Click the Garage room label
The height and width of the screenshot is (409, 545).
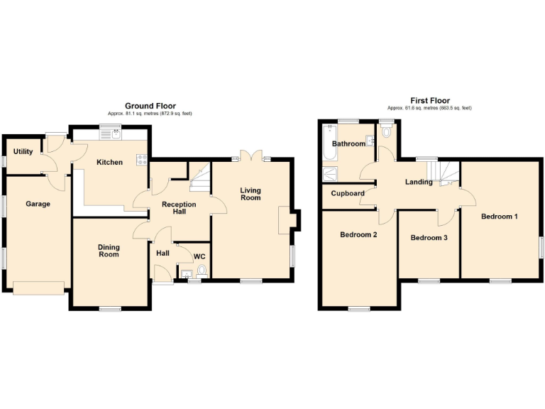tap(38, 204)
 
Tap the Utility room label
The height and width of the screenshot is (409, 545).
tap(23, 151)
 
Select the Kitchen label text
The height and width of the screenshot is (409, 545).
tap(110, 163)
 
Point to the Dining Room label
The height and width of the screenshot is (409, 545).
tap(109, 251)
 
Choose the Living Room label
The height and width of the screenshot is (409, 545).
tap(251, 193)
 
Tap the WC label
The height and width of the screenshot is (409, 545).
tap(199, 256)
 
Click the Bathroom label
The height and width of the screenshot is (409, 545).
tap(348, 144)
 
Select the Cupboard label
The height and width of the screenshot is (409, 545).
tap(348, 193)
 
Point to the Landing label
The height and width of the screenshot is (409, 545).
tap(419, 182)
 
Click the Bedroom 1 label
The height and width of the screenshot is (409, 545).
tap(499, 216)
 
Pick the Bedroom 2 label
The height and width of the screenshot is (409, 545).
tap(358, 234)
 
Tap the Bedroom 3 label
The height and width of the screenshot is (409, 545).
tap(429, 238)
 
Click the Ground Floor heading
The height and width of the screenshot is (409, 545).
tap(150, 105)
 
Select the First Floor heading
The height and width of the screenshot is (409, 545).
tap(430, 101)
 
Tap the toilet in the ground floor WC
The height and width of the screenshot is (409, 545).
tap(203, 271)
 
